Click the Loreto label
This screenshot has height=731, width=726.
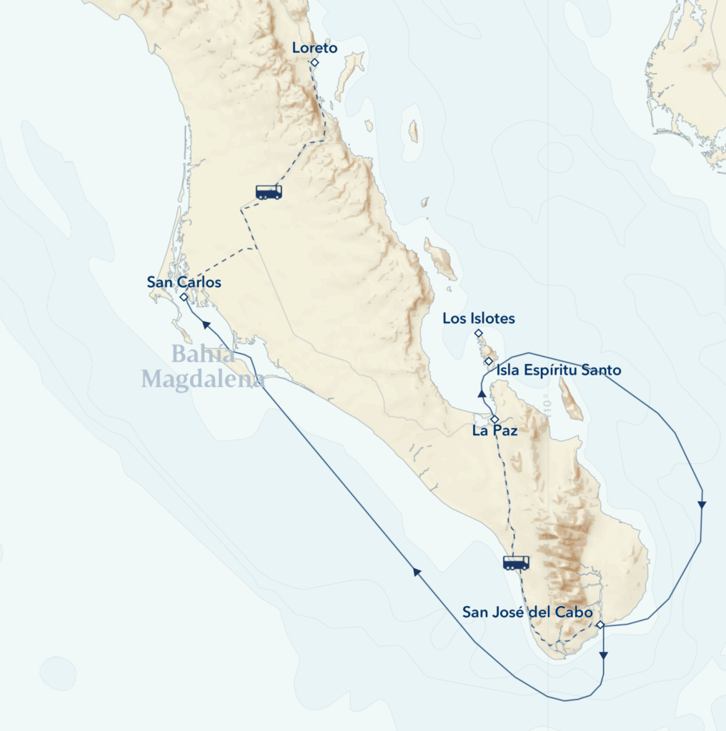pyautogui.click(x=314, y=49)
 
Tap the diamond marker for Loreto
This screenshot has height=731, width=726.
pyautogui.click(x=314, y=63)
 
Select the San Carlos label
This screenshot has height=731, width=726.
pyautogui.click(x=184, y=282)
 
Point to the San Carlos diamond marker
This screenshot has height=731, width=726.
pyautogui.click(x=184, y=297)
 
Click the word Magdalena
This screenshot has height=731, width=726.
pyautogui.click(x=202, y=379)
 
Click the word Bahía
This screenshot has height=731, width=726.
pyautogui.click(x=203, y=354)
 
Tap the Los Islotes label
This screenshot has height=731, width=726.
pyautogui.click(x=478, y=318)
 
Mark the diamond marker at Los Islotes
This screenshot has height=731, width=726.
pyautogui.click(x=479, y=333)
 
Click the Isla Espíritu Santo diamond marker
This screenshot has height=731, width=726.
pyautogui.click(x=488, y=361)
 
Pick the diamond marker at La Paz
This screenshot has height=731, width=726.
pyautogui.click(x=494, y=418)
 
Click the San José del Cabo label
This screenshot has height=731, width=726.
pyautogui.click(x=527, y=612)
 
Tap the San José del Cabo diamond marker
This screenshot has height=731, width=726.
pyautogui.click(x=600, y=625)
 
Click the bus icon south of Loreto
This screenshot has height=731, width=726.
pyautogui.click(x=269, y=191)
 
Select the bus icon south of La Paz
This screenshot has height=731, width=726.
pyautogui.click(x=516, y=563)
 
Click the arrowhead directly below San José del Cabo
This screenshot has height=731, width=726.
pyautogui.click(x=604, y=655)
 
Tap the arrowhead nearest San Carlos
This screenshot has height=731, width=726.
pyautogui.click(x=206, y=325)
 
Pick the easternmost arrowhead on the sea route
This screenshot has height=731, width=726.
pyautogui.click(x=702, y=505)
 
